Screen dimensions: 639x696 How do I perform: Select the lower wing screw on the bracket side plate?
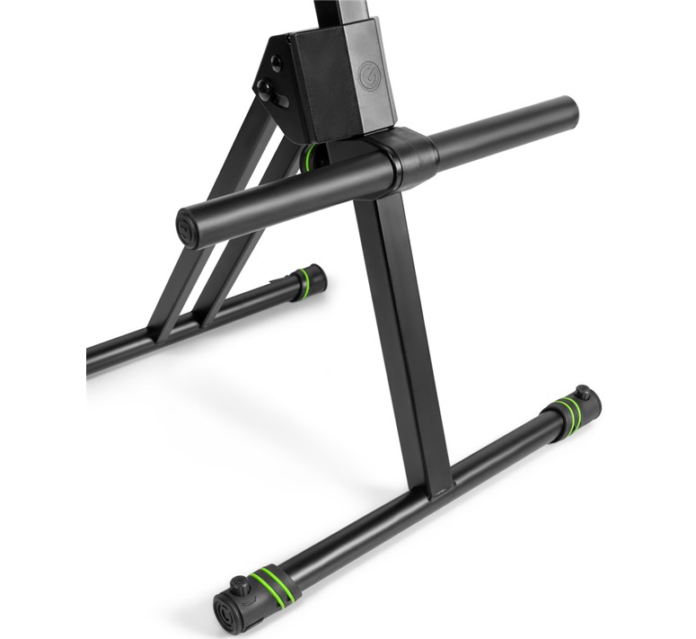267,90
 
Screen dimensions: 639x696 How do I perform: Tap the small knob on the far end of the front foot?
584,393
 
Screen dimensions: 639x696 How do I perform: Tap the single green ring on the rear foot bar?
303,284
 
